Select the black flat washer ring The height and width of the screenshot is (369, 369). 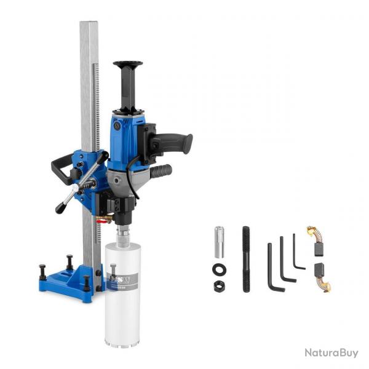219,269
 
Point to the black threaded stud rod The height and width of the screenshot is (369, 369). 246,259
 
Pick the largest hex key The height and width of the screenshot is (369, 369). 272,271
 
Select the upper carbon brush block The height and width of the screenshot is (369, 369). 319,249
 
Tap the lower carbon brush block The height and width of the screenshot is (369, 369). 319,269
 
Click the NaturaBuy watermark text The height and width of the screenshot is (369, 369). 331,353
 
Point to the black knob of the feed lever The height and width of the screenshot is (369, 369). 60,207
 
